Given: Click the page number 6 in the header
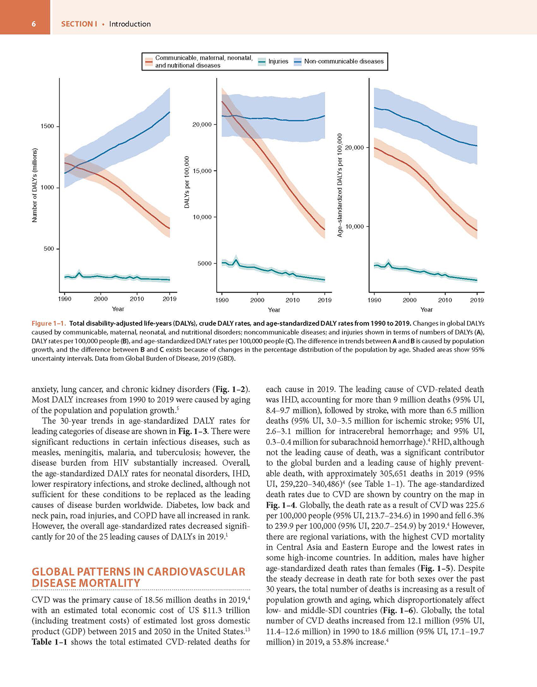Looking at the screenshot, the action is [x=34, y=25].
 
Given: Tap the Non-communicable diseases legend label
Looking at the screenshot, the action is [x=344, y=62].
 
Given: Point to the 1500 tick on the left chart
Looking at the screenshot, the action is [x=47, y=127].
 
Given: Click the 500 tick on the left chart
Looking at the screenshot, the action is [x=49, y=249].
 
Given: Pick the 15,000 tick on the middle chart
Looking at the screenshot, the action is [x=202, y=171].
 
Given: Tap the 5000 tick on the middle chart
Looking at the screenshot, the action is [x=204, y=263].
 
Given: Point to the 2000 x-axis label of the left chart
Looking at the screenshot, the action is [x=101, y=299].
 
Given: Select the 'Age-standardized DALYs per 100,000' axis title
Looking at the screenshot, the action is [x=340, y=185].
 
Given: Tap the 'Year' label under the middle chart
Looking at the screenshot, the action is [x=274, y=310].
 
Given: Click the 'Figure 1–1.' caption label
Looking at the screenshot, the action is [x=49, y=323].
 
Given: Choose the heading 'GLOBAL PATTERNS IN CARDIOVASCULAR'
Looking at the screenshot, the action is [x=139, y=571].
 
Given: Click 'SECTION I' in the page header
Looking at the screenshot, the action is [x=79, y=24].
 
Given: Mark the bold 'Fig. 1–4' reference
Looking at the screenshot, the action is [x=280, y=505].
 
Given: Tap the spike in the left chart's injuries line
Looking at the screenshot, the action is [x=79, y=273].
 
